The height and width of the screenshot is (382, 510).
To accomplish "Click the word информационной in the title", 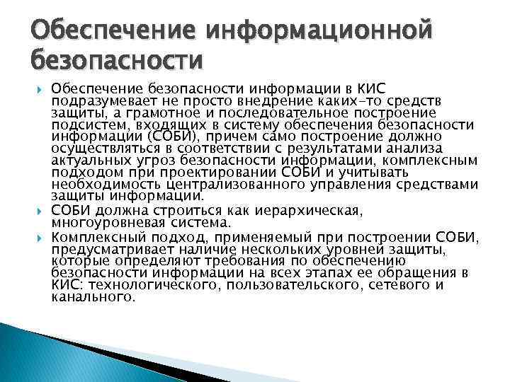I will pos(317,30).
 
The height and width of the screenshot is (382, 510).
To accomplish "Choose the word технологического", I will pos(147,285).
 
